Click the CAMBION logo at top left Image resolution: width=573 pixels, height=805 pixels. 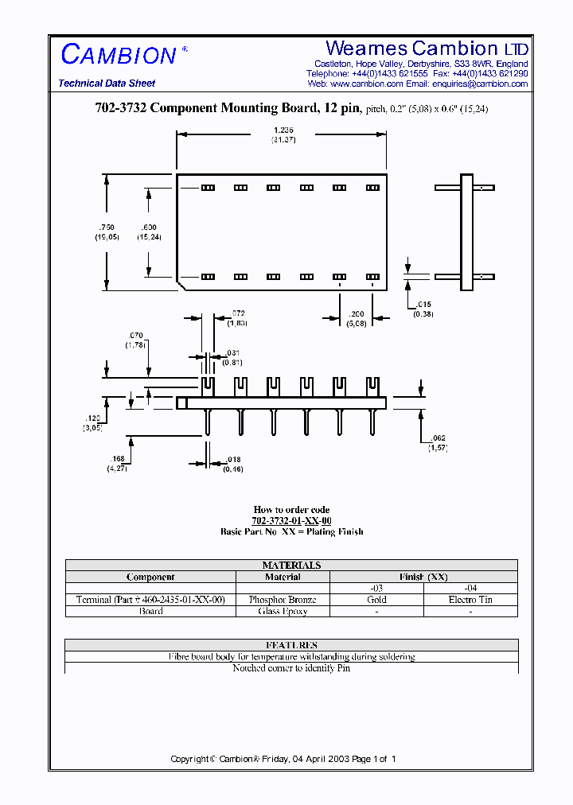119,55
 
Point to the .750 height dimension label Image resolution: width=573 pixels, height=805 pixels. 107,227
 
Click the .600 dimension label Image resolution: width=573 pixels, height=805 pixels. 148,227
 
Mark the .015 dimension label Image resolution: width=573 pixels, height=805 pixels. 422,305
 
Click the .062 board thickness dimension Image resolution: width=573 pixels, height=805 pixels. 438,438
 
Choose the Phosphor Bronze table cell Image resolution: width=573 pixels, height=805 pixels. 283,600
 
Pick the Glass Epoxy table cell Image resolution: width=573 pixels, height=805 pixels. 283,611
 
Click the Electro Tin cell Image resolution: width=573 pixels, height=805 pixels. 470,600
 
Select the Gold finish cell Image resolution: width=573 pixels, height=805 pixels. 376,600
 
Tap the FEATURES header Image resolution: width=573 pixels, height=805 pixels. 291,645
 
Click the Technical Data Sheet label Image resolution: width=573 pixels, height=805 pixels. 107,84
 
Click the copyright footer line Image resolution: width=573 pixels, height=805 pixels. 283,759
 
